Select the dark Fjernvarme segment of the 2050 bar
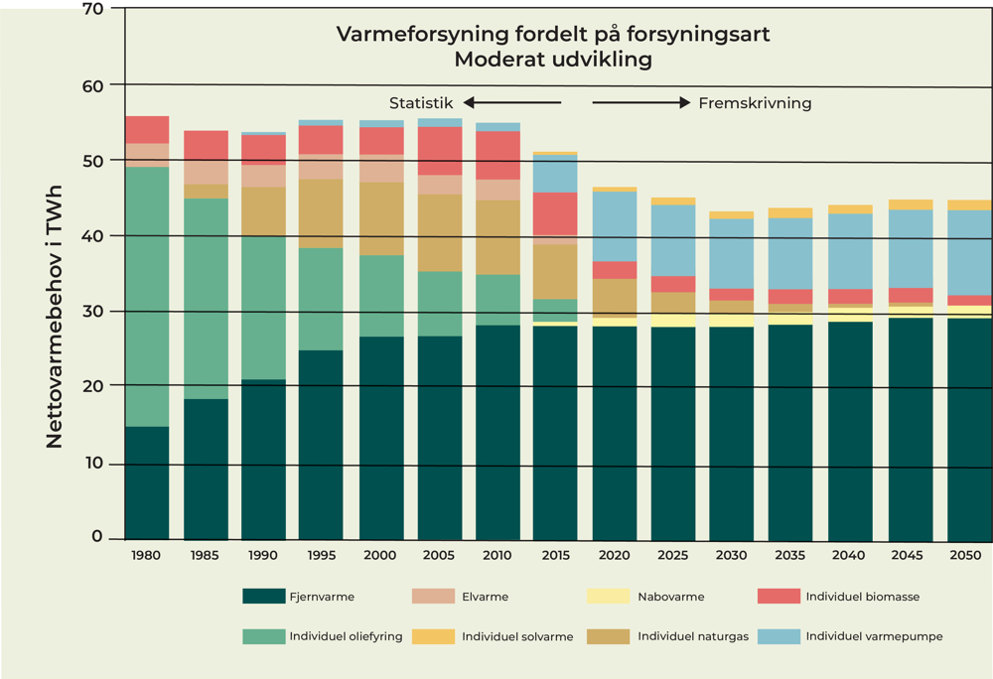(x=969, y=427)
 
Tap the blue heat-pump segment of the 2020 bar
(x=615, y=226)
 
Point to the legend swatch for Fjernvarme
(x=263, y=597)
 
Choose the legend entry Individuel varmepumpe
(x=874, y=636)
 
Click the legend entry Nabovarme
(x=671, y=597)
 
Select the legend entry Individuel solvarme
(x=517, y=636)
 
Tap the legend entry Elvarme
(x=485, y=597)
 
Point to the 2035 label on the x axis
(x=790, y=555)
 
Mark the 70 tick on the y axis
(x=93, y=9)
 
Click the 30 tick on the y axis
(x=93, y=312)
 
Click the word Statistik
(x=421, y=102)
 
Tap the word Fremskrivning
(x=755, y=102)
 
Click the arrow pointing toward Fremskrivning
(x=640, y=102)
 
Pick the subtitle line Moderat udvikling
(x=552, y=60)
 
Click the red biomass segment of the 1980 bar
(x=147, y=129)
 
